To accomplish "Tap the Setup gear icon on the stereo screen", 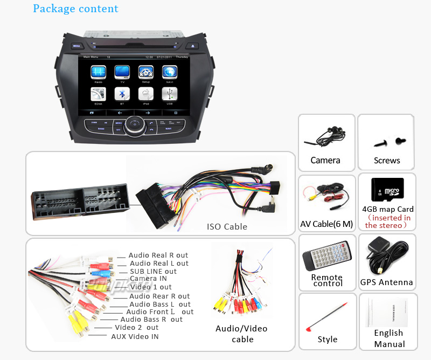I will (145, 72).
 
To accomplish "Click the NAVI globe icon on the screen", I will (170, 72).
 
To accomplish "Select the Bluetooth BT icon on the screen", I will (122, 94).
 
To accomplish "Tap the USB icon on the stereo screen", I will (170, 94).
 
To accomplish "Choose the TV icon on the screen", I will (122, 72).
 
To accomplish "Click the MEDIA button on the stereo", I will (77, 46).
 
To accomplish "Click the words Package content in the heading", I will (75, 9).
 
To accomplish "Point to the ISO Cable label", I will (227, 227).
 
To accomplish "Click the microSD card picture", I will (387, 189).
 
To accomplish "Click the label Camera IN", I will (148, 279).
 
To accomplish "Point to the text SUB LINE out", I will (153, 271).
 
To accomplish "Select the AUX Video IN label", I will (135, 336).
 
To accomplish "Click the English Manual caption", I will (389, 338).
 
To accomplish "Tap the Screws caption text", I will (387, 160).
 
